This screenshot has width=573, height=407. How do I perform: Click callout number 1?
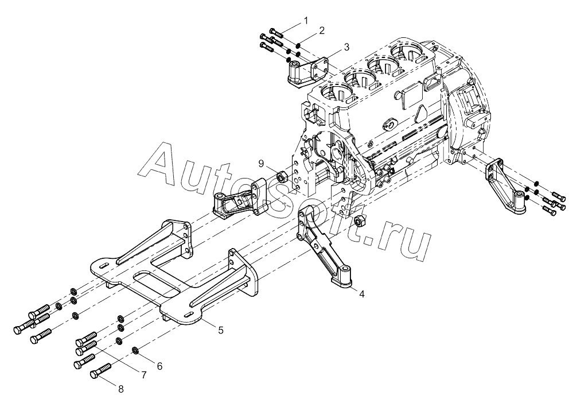306,20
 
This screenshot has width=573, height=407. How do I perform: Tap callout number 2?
322,30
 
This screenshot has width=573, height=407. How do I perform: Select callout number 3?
346,47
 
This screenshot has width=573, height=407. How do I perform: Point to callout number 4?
361,294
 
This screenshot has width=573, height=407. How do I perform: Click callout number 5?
221,330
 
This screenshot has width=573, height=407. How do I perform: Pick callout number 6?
159,366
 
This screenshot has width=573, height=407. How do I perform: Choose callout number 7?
143,375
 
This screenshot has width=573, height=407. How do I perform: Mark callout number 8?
121,389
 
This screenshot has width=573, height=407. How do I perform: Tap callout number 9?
261,164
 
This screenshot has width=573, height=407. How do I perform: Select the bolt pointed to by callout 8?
100,370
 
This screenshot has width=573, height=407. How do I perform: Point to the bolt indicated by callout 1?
276,32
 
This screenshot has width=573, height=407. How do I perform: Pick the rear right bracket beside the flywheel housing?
506,185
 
